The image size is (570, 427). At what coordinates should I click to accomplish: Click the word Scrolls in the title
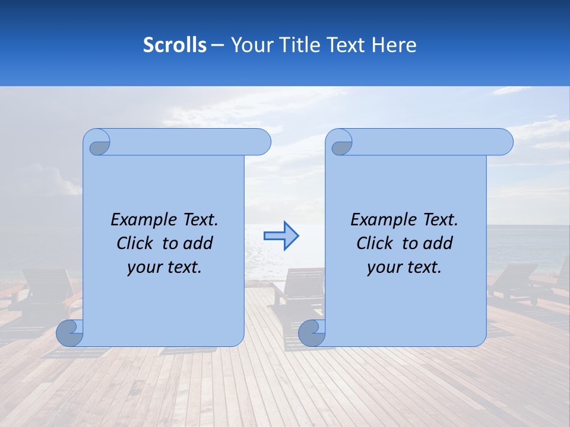coord(175,45)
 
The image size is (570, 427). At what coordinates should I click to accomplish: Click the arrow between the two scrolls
coord(281,236)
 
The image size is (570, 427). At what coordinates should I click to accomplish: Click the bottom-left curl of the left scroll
coord(69,333)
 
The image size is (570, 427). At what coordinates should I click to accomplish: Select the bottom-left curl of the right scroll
coord(311,333)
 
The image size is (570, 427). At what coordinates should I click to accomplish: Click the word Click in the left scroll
coord(136,243)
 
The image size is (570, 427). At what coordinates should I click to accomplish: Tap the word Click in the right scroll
coord(376,243)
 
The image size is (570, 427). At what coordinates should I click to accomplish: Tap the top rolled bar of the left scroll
coord(184,142)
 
